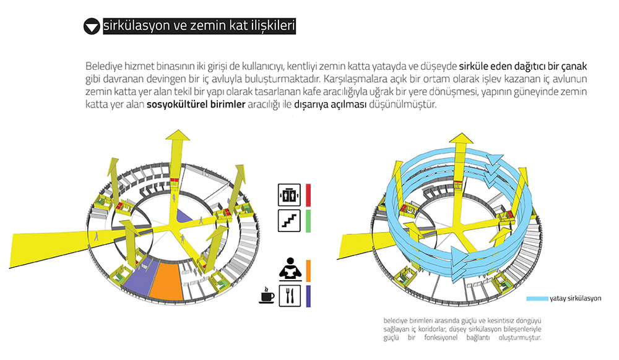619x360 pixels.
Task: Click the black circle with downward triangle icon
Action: click(92, 27)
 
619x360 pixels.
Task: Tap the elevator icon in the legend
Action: click(289, 195)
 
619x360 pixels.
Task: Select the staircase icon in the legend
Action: click(289, 221)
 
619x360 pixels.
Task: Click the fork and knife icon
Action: click(290, 296)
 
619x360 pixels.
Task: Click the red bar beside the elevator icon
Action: click(308, 195)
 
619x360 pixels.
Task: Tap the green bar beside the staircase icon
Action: click(308, 221)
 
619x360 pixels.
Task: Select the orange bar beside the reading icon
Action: click(308, 270)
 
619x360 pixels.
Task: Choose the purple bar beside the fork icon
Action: click(308, 296)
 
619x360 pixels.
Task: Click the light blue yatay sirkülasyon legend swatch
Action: click(537, 299)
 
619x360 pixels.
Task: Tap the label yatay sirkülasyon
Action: click(576, 299)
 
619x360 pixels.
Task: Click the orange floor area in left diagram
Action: click(167, 280)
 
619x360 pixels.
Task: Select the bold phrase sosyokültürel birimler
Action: click(196, 105)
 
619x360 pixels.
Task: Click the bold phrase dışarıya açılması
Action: click(331, 105)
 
